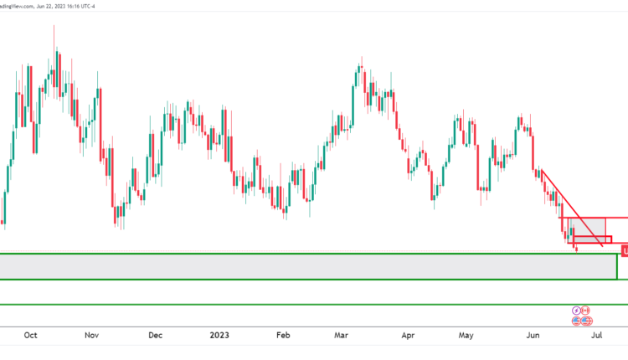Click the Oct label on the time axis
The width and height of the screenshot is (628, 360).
click(x=30, y=336)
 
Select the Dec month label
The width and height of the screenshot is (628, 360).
click(x=155, y=336)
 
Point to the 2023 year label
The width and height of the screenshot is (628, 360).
click(x=219, y=336)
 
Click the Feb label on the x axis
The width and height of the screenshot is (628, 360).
click(x=283, y=336)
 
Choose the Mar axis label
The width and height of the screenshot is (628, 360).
click(x=342, y=336)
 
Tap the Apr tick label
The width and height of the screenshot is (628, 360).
click(x=408, y=336)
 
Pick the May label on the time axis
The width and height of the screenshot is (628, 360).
click(x=466, y=336)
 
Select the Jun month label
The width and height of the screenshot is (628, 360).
click(x=531, y=336)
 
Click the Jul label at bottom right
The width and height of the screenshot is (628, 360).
click(x=597, y=336)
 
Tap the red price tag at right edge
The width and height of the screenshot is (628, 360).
click(x=624, y=249)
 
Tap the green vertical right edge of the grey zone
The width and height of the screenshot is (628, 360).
click(x=617, y=266)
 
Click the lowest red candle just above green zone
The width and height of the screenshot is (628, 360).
click(x=576, y=246)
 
